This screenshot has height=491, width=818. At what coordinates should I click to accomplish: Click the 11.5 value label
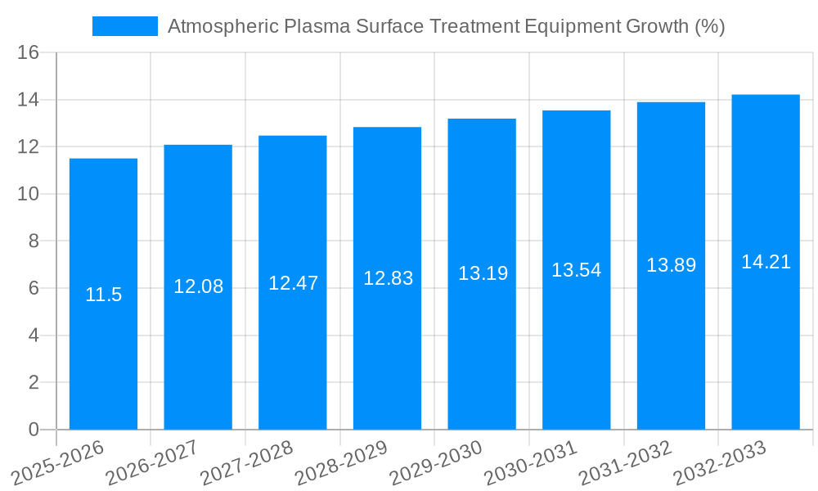tap(103, 295)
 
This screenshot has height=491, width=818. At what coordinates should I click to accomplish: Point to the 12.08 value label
tap(198, 286)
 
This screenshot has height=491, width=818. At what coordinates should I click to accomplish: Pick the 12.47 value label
tap(293, 283)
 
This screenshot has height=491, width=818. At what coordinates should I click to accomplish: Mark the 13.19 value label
tap(483, 273)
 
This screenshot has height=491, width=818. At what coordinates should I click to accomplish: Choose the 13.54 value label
tap(576, 270)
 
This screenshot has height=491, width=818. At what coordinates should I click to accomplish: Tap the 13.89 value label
tap(671, 265)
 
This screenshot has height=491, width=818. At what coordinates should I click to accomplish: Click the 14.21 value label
tap(766, 262)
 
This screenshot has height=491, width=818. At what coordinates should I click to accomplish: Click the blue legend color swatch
tap(124, 26)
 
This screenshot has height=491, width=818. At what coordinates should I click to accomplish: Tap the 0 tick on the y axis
tap(34, 430)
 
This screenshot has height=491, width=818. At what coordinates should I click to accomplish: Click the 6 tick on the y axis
tap(34, 288)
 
